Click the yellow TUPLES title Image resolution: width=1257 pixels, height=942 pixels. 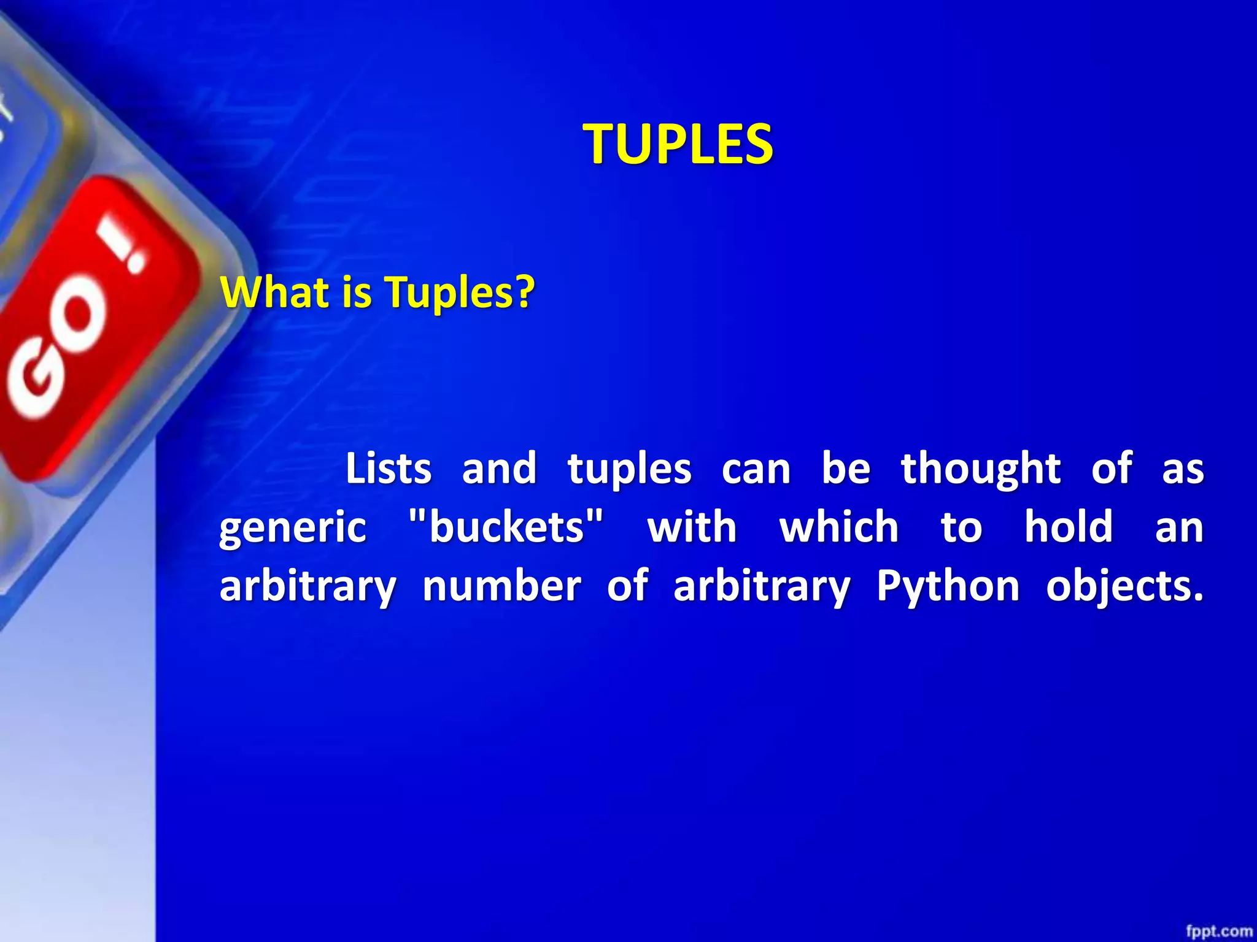click(x=678, y=144)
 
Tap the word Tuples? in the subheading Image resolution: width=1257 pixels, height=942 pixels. click(x=460, y=293)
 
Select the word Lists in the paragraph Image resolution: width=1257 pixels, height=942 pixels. click(x=389, y=469)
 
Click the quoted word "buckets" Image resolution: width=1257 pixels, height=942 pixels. click(x=506, y=527)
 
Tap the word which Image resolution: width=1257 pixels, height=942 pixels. click(x=838, y=527)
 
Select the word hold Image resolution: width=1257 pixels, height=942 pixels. click(x=1068, y=527)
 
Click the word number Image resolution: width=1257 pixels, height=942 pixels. click(x=501, y=586)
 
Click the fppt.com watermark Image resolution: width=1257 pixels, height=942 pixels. click(x=1218, y=931)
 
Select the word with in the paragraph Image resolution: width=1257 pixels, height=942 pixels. click(x=692, y=527)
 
